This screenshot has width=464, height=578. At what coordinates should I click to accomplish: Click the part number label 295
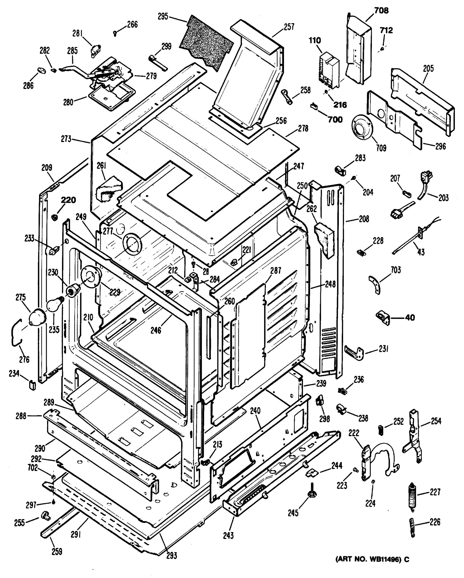(163, 17)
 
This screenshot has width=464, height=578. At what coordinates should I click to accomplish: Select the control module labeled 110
(329, 69)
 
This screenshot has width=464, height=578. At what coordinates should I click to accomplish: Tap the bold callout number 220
(68, 200)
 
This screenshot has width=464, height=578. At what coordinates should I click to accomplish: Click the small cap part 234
(32, 385)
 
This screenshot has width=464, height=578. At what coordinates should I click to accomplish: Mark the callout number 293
(172, 556)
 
